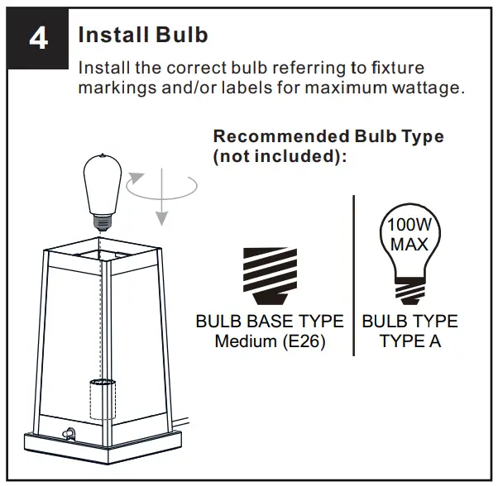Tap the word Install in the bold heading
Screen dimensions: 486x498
pyautogui.click(x=111, y=35)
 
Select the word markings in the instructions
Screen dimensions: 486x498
pyautogui.click(x=114, y=87)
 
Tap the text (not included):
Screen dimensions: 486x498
pyautogui.click(x=277, y=155)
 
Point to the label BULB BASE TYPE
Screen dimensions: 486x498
pyautogui.click(x=269, y=322)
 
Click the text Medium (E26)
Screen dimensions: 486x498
pyautogui.click(x=269, y=341)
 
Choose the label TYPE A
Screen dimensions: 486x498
pyautogui.click(x=409, y=341)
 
